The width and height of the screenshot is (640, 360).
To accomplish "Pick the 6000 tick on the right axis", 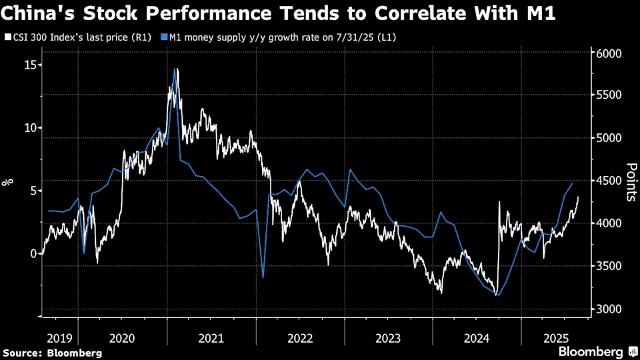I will click(608, 53).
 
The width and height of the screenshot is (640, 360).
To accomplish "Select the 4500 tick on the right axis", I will click(608, 181).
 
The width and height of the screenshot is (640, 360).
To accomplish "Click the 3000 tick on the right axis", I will click(608, 309).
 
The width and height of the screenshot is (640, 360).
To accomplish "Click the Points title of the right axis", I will click(631, 181).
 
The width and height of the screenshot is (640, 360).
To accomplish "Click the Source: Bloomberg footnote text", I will click(53, 353).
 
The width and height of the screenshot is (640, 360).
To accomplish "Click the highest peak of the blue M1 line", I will click(175, 69).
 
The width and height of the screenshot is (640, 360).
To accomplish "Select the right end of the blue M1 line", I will click(573, 182).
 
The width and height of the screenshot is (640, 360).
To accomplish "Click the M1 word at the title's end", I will click(537, 13).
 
